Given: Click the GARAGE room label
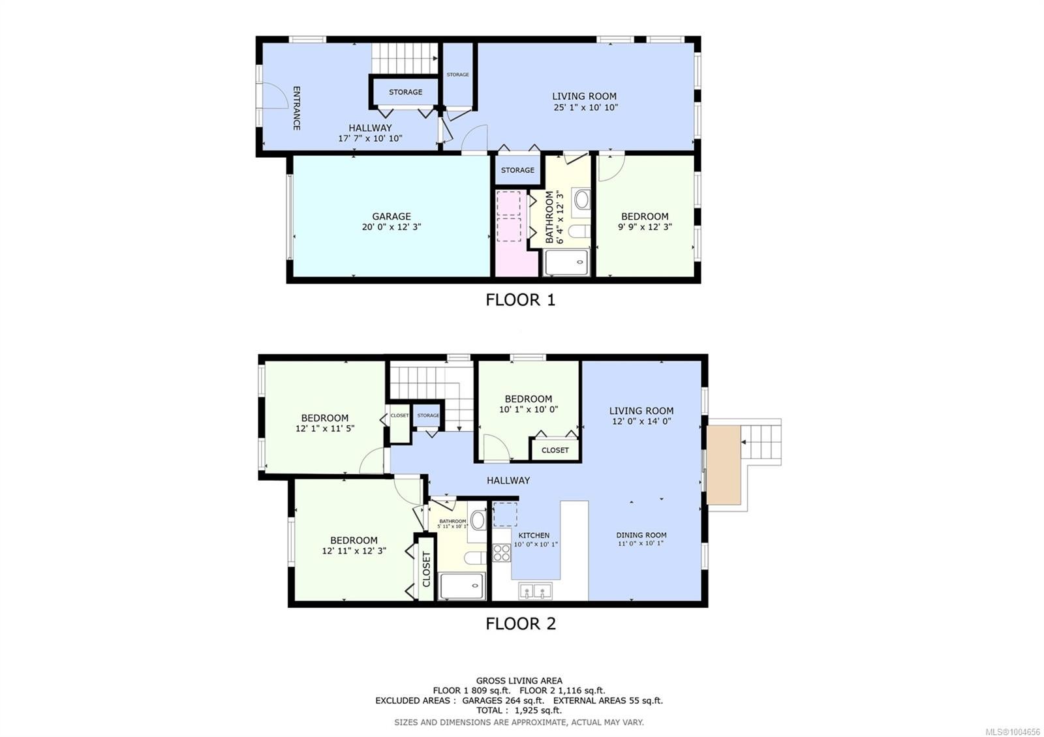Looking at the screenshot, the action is click(391, 216).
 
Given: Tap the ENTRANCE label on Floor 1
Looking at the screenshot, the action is click(296, 108).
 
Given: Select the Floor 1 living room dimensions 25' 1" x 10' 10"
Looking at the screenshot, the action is click(585, 107).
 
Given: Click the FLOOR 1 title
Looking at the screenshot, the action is click(520, 299).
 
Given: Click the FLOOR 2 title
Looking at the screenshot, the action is click(521, 624).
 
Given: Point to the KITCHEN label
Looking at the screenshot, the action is click(534, 535).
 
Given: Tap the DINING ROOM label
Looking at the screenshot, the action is click(641, 535).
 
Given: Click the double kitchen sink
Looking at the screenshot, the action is click(535, 591).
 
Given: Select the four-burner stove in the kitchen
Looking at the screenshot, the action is click(502, 553).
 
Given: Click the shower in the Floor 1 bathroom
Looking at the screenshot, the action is click(566, 263).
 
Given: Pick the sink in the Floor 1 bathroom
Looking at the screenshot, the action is click(581, 200).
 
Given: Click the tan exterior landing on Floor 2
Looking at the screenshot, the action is click(724, 464).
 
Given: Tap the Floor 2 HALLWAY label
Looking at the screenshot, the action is click(508, 480).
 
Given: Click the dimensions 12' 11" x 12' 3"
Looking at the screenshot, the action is click(354, 550).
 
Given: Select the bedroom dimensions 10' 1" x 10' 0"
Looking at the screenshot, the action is click(529, 410).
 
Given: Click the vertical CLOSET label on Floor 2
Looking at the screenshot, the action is click(426, 569).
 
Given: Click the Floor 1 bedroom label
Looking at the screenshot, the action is click(645, 216).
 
